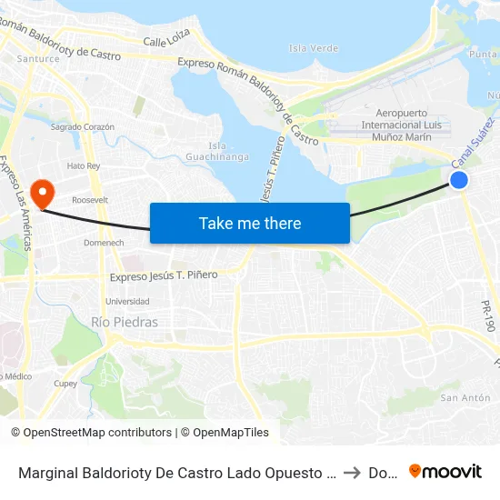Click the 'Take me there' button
[x=250, y=223]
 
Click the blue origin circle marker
[x=459, y=180]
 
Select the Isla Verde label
[x=313, y=48]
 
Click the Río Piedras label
[x=125, y=322]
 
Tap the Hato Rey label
[x=83, y=165]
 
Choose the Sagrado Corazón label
[x=83, y=127]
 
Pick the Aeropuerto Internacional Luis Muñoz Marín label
[x=402, y=125]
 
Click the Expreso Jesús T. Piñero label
[x=164, y=275]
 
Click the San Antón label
[x=465, y=397]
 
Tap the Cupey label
[x=65, y=384]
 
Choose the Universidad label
[x=127, y=301]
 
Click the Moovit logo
[x=445, y=471]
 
